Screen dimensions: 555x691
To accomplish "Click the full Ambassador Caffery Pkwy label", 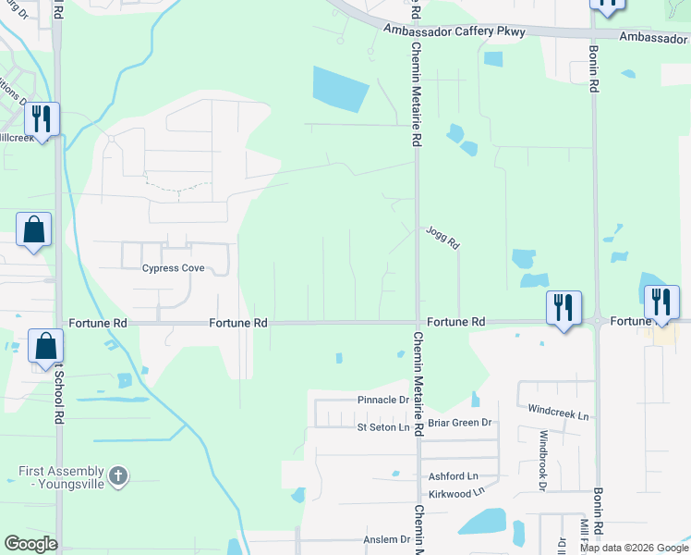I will pyautogui.click(x=455, y=31).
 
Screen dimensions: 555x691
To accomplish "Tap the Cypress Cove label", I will pyautogui.click(x=172, y=269).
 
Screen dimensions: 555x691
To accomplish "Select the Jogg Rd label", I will pyautogui.click(x=442, y=240).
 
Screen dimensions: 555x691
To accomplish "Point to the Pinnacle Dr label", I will pyautogui.click(x=382, y=401).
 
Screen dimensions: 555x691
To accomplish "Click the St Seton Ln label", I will pyautogui.click(x=382, y=427).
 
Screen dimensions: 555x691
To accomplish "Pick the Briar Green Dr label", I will pyautogui.click(x=460, y=423).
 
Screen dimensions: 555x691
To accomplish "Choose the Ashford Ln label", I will pyautogui.click(x=453, y=475).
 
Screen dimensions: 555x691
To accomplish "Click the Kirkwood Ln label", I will pyautogui.click(x=454, y=493).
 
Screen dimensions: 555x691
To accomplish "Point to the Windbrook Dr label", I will pyautogui.click(x=543, y=459).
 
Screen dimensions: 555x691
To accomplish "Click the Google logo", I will pyautogui.click(x=30, y=544).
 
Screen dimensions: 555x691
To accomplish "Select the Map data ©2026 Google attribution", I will pyautogui.click(x=634, y=548).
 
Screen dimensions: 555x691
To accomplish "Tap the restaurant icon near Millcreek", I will pyautogui.click(x=42, y=118).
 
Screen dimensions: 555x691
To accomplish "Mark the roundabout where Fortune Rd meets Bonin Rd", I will pyautogui.click(x=598, y=321).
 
